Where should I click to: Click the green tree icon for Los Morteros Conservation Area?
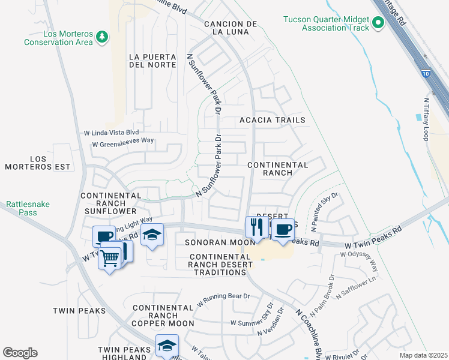coord(103,37)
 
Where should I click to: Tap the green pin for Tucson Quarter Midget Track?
coord(378,23)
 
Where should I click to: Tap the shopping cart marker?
coord(110,259)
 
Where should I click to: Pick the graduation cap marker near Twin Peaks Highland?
coord(167,346)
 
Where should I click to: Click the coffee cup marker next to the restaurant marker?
coord(282,230)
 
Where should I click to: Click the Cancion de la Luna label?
coord(231,28)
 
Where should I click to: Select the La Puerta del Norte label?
coord(152,61)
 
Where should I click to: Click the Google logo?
coord(20,353)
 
